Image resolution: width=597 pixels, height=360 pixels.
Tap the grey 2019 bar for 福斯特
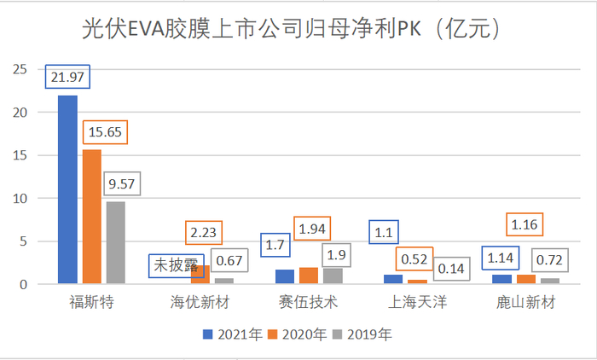[x=114, y=243]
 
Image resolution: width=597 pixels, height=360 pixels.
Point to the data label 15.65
[x=105, y=133]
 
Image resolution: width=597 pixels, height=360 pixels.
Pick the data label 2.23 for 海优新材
[x=209, y=232]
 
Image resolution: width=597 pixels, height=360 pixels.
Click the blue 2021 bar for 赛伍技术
[x=286, y=276]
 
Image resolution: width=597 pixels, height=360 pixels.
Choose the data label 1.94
[x=313, y=229]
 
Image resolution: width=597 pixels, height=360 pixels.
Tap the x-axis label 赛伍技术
[x=310, y=303]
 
